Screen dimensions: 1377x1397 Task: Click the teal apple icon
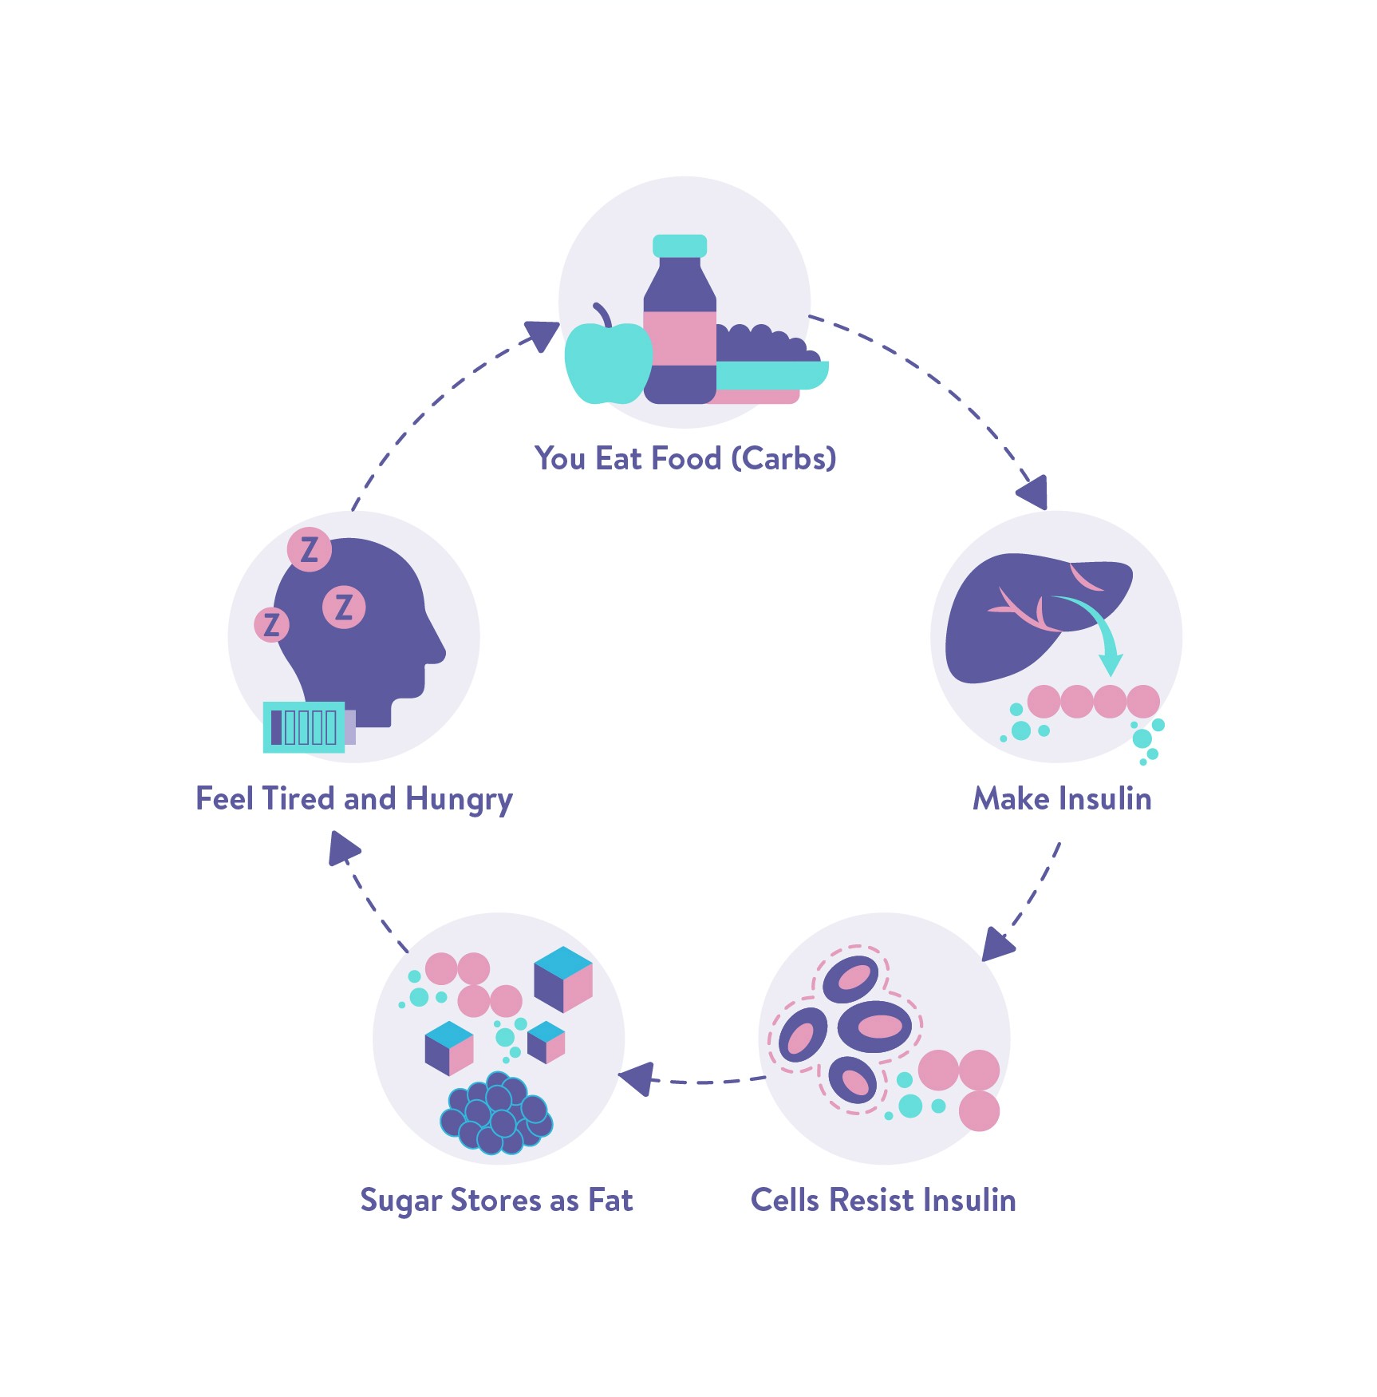(606, 363)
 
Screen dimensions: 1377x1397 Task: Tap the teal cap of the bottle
(680, 245)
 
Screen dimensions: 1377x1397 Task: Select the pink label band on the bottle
(680, 338)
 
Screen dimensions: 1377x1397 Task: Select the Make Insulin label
(1062, 799)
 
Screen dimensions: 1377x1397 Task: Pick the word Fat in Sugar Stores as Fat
(610, 1201)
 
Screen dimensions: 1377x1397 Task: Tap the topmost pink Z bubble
(310, 549)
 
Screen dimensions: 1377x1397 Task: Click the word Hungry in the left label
(459, 800)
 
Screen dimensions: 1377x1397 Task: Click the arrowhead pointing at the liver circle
(1034, 491)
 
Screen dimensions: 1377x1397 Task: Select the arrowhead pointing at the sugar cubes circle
(639, 1078)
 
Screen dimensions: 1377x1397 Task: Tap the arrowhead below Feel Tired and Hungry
(343, 849)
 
